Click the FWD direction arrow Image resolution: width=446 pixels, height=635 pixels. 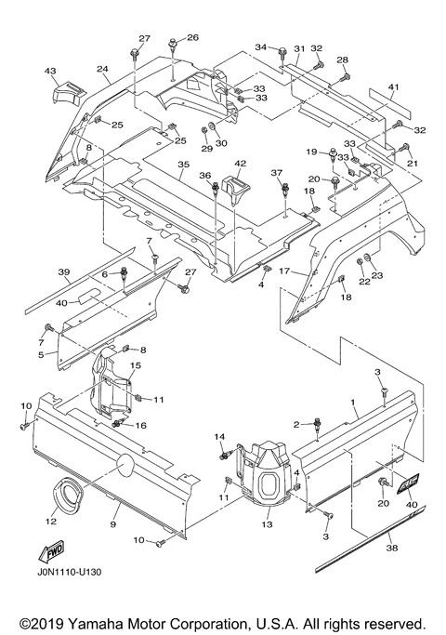(x=51, y=551)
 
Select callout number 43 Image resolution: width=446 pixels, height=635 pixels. (x=50, y=72)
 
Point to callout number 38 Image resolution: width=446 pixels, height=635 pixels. (x=392, y=548)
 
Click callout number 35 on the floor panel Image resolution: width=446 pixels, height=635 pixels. (x=183, y=165)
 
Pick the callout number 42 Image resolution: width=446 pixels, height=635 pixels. (x=240, y=164)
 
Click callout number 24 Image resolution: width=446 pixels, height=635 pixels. (x=102, y=69)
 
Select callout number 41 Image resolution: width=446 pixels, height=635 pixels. (x=393, y=86)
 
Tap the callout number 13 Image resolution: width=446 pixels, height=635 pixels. (x=267, y=524)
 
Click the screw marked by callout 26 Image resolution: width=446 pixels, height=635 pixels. (x=174, y=43)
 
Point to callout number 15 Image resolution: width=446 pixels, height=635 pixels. (x=136, y=365)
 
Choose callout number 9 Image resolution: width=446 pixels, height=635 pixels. (x=113, y=524)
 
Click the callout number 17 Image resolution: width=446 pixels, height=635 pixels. (x=284, y=271)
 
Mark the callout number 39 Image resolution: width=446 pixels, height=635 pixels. (x=64, y=272)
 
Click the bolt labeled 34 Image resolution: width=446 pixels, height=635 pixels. (x=282, y=52)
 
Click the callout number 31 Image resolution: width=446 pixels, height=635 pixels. (x=299, y=48)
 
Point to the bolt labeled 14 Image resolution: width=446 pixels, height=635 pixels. (x=224, y=456)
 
